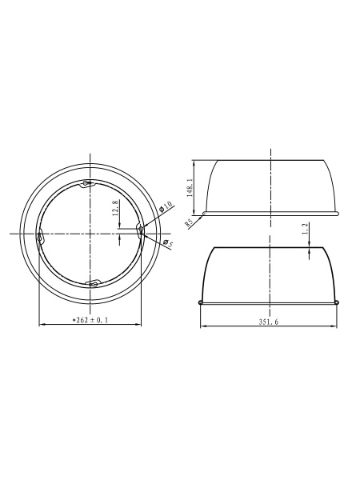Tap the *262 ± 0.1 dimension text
point(90,320)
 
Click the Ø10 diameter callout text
point(166,207)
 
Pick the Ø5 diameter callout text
point(167,244)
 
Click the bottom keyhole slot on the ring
point(90,282)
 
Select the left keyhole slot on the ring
point(40,236)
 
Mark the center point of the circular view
point(90,233)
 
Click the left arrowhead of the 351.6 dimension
point(202,326)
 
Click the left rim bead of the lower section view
point(200,302)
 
